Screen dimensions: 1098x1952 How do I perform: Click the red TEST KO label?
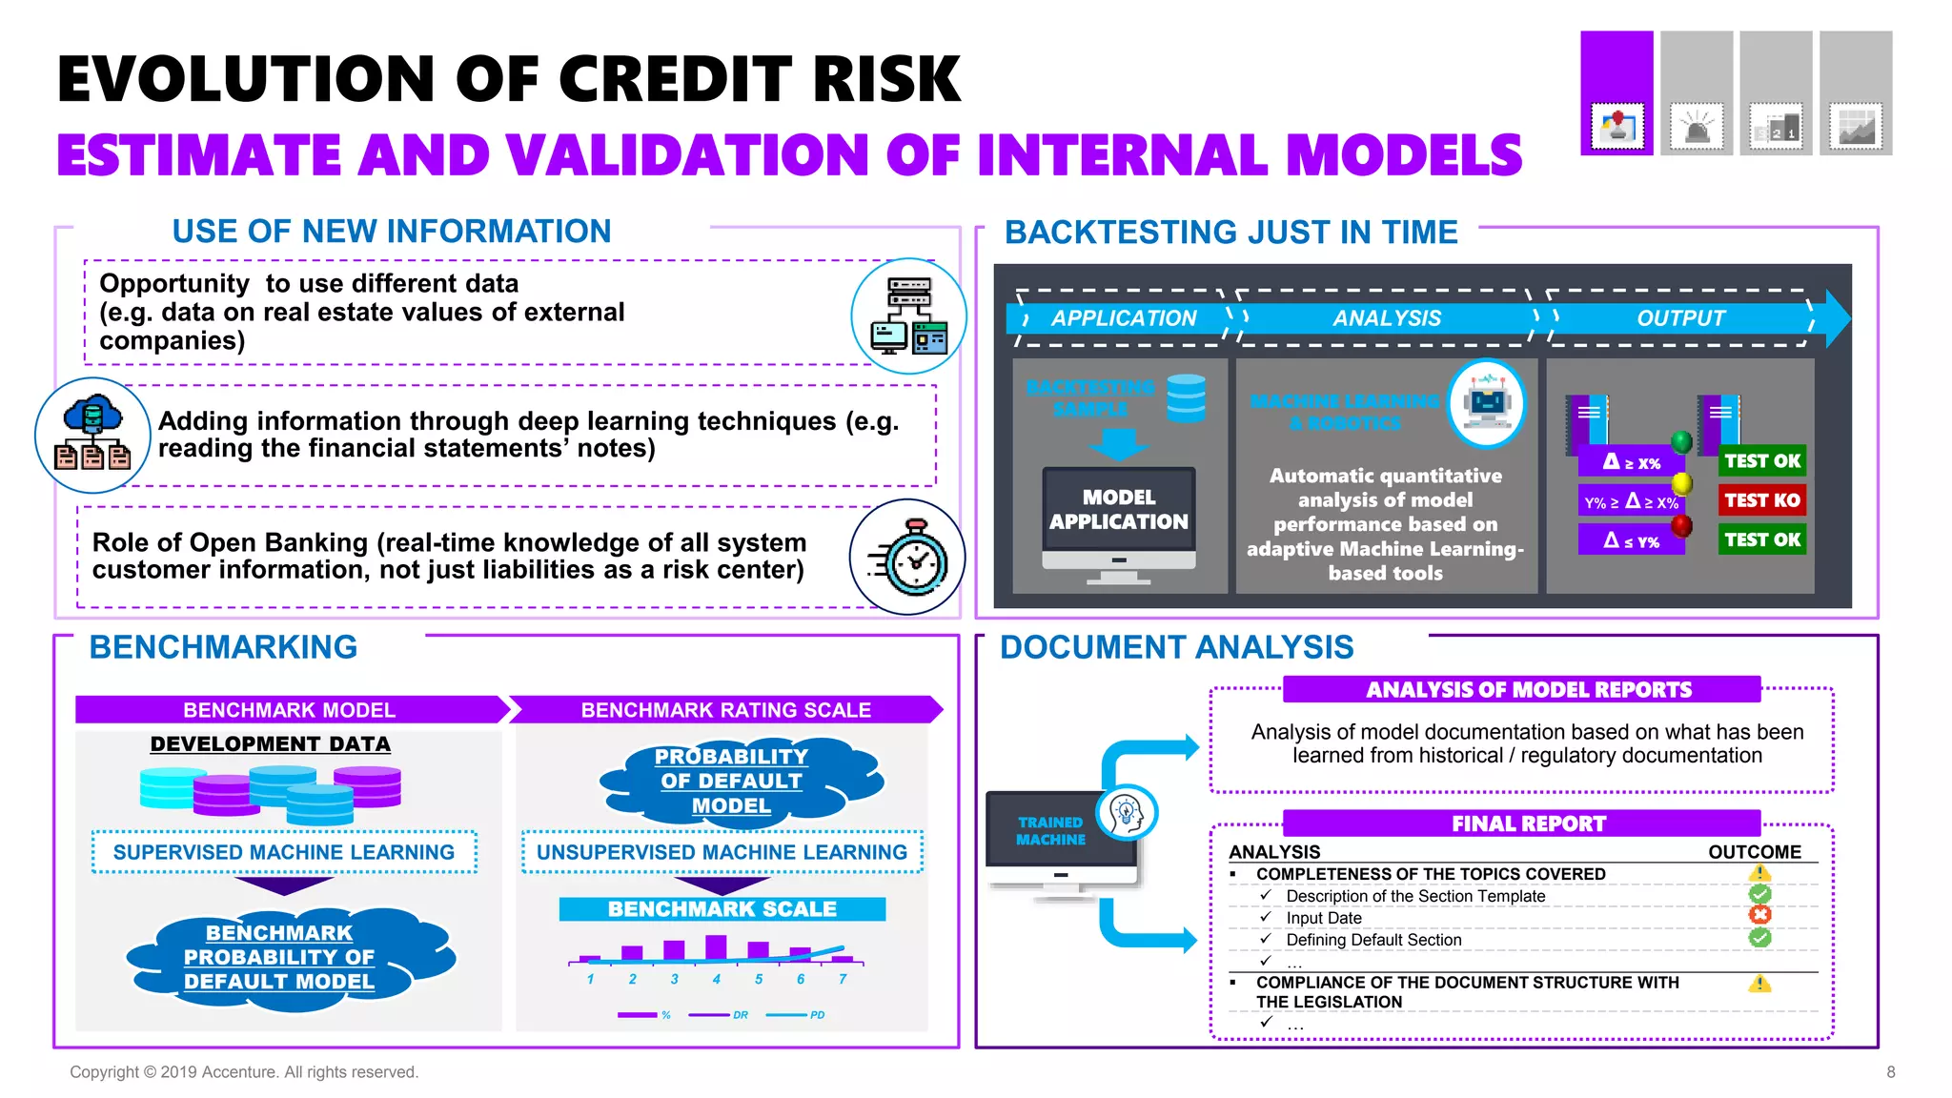pyautogui.click(x=1761, y=500)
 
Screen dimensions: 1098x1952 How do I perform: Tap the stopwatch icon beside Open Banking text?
pyautogui.click(x=907, y=558)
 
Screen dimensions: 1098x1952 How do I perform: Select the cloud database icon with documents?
pyautogui.click(x=92, y=436)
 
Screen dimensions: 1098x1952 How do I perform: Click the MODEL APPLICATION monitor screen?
pyautogui.click(x=1119, y=510)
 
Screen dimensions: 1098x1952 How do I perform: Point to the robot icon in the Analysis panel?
pyautogui.click(x=1487, y=403)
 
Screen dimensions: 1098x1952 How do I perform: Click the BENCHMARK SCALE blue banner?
pyautogui.click(x=722, y=909)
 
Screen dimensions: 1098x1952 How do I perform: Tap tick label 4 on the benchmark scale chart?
pyautogui.click(x=716, y=979)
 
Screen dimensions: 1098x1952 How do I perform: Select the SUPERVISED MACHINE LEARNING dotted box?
pyautogui.click(x=284, y=852)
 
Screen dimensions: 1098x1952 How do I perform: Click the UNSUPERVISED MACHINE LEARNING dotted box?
pyautogui.click(x=722, y=852)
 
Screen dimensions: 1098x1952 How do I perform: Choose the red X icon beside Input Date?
pyautogui.click(x=1759, y=915)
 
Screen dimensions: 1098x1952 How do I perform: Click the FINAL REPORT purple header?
pyautogui.click(x=1528, y=823)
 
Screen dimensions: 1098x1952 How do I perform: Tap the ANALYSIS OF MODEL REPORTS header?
pyautogui.click(x=1528, y=690)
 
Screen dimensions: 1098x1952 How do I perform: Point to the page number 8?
pyautogui.click(x=1890, y=1072)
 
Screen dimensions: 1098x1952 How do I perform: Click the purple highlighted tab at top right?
pyautogui.click(x=1616, y=92)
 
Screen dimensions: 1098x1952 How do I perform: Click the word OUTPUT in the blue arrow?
pyautogui.click(x=1680, y=318)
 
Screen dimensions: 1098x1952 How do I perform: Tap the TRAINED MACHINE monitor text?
pyautogui.click(x=1050, y=830)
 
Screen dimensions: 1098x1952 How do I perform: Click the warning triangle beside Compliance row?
pyautogui.click(x=1759, y=984)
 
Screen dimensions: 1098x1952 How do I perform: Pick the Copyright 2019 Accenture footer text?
pyautogui.click(x=244, y=1072)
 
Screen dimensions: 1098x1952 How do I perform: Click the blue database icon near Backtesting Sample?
pyautogui.click(x=1186, y=397)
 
